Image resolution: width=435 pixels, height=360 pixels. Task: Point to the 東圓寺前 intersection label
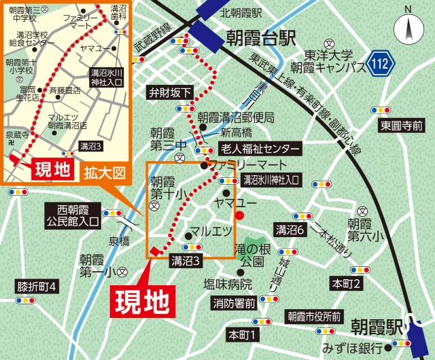click(x=401, y=126)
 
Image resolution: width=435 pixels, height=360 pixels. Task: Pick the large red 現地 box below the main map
click(x=141, y=299)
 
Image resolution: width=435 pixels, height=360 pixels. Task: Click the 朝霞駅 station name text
click(x=377, y=329)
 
